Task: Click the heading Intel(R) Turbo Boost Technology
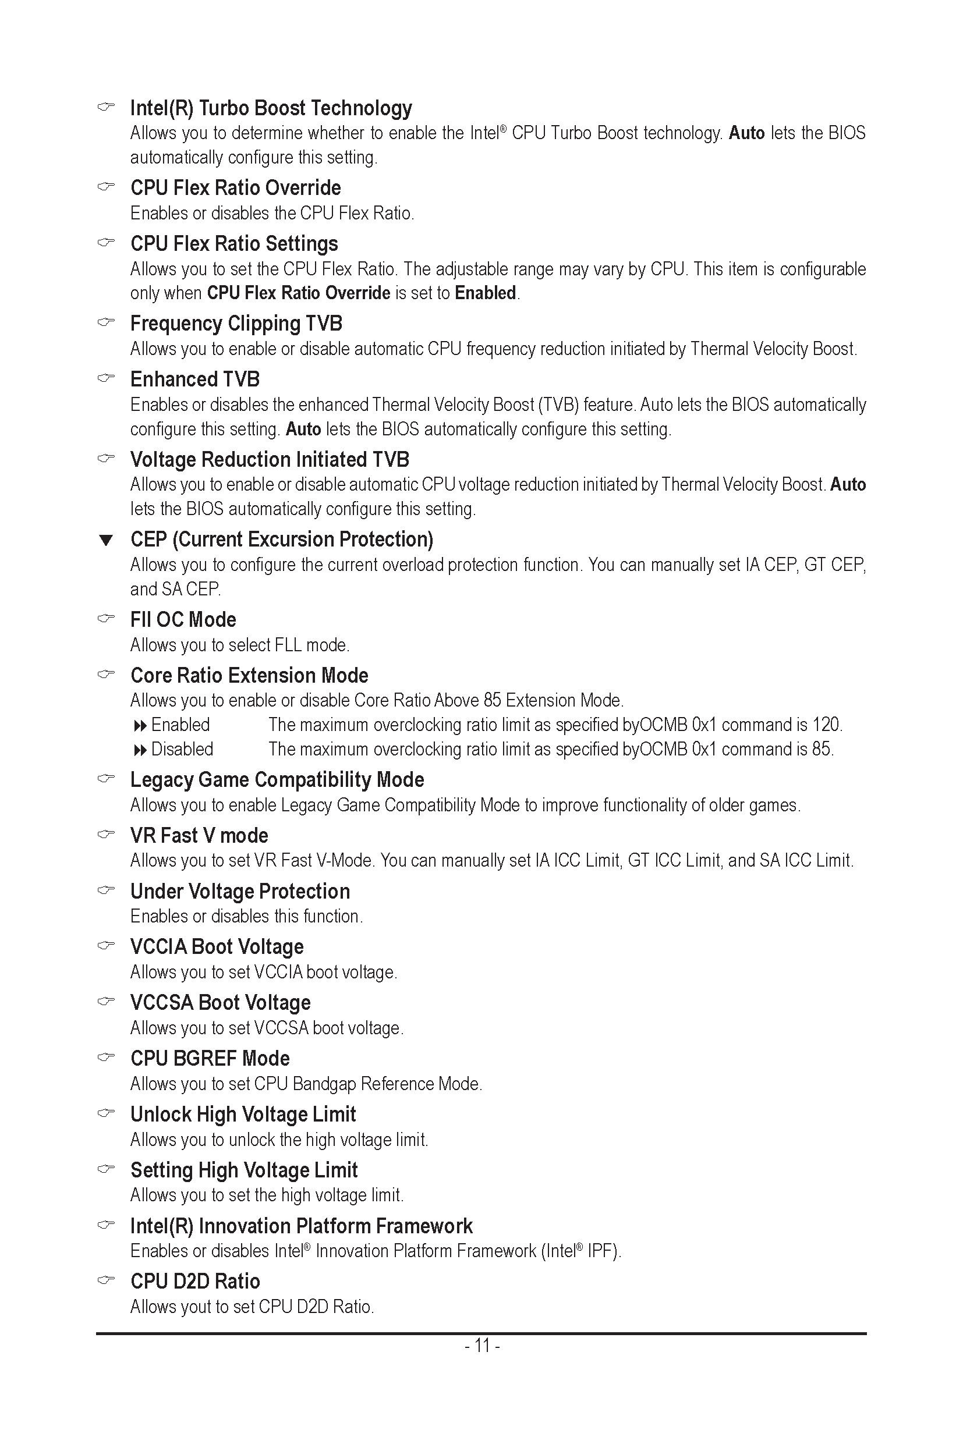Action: (271, 108)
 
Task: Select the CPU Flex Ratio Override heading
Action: (235, 188)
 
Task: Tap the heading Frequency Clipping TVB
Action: (236, 324)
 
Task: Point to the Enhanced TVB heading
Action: (194, 379)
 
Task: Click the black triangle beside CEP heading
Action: (106, 540)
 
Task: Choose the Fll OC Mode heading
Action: (183, 619)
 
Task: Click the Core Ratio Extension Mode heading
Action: (249, 675)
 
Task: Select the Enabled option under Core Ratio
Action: (180, 725)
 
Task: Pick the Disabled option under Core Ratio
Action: (182, 750)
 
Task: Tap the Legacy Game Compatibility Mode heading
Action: (277, 780)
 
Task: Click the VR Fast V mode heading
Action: (199, 836)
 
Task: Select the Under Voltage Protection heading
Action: (240, 892)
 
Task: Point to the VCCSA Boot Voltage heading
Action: (221, 1003)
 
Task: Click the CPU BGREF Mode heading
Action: (210, 1059)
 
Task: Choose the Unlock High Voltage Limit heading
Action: (243, 1115)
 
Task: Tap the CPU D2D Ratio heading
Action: (195, 1282)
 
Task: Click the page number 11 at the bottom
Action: (482, 1346)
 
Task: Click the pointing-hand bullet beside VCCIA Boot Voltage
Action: (106, 946)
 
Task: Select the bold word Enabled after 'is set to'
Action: (485, 293)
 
